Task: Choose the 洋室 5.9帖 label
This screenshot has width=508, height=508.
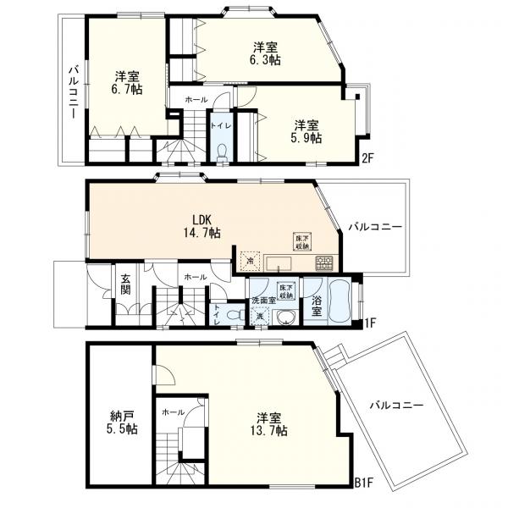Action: coord(306,131)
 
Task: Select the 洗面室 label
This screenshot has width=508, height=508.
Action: coord(261,301)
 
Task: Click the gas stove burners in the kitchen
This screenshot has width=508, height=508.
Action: coord(324,262)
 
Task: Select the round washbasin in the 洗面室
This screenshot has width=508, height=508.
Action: coord(286,317)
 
